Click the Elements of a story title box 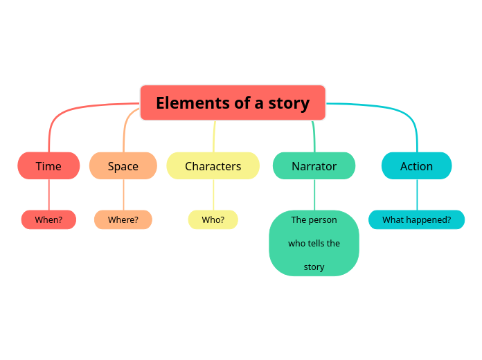(233, 102)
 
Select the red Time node (48, 166)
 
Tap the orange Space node (123, 166)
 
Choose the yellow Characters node (213, 166)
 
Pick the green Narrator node (314, 166)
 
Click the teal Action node (417, 166)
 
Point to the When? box (48, 220)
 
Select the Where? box (123, 220)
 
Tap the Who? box (213, 220)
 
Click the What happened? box (417, 220)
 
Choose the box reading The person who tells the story (314, 243)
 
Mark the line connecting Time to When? (48, 195)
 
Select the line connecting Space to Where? (123, 195)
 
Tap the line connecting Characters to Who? (213, 195)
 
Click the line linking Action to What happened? (417, 195)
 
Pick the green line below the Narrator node (314, 195)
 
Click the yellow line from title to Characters (214, 137)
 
